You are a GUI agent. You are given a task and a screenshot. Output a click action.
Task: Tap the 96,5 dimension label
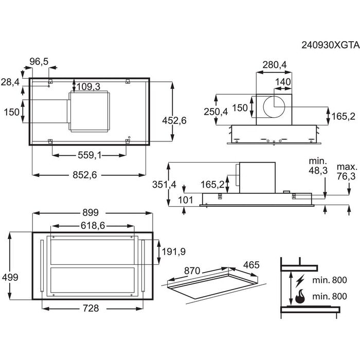pos(39,62)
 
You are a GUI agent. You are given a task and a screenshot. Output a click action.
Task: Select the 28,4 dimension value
pos(10,83)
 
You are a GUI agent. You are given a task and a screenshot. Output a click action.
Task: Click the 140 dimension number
pos(283,82)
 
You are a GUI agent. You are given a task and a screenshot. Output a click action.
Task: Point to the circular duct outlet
pos(274,107)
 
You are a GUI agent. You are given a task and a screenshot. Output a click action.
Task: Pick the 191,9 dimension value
pos(173,251)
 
